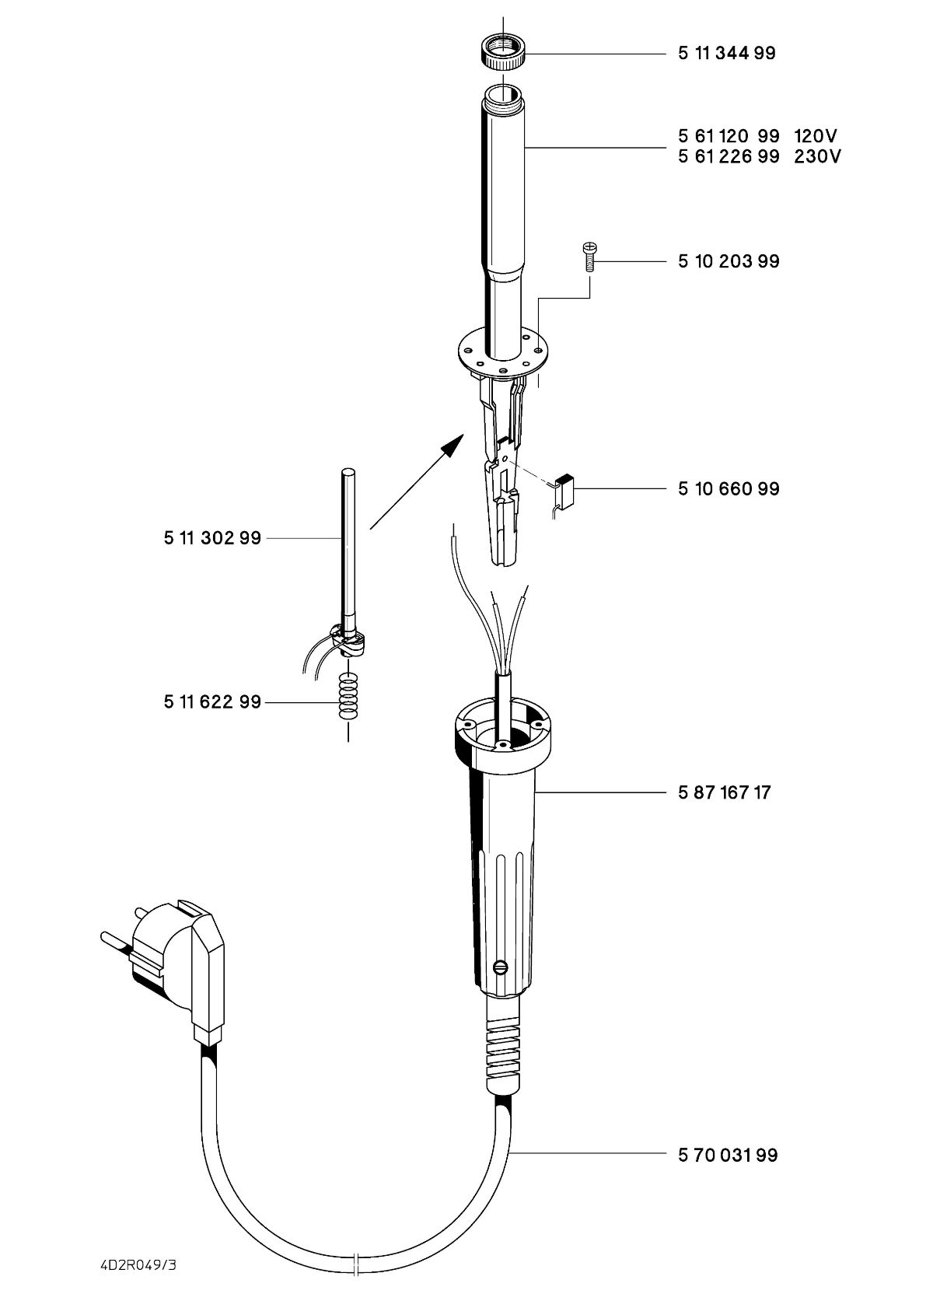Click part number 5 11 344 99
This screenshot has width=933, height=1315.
[726, 54]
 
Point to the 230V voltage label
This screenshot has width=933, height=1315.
[817, 156]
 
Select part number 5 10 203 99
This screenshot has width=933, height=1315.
[728, 261]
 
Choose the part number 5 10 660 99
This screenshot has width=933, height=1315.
[728, 489]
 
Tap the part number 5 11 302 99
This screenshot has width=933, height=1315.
[212, 538]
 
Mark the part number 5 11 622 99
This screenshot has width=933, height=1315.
[212, 703]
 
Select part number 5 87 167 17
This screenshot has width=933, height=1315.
[724, 794]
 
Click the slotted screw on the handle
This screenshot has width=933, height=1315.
[501, 967]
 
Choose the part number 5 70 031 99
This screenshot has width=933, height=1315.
[728, 1156]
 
